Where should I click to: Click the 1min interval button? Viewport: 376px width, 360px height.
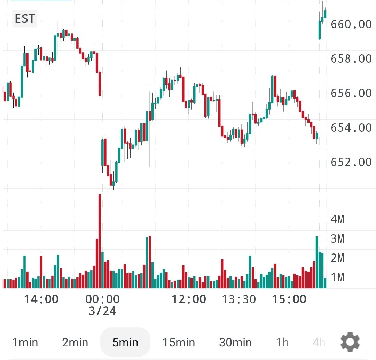pos(25,342)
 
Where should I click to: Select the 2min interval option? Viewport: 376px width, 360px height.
pos(75,342)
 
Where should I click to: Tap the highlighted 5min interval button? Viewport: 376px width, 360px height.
pos(125,342)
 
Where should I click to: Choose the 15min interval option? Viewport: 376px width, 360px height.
pos(179,342)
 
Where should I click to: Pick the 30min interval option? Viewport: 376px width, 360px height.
pos(235,342)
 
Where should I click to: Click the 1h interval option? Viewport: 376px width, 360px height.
pos(282,342)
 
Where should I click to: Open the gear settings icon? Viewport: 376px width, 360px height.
pos(350,342)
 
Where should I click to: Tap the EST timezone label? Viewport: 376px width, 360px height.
pos(24,18)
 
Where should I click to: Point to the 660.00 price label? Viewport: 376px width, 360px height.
pos(351,24)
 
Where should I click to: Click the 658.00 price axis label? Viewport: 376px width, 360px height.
pos(351,59)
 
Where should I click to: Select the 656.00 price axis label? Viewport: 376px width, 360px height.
pos(351,93)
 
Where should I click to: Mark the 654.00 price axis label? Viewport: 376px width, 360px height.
pos(351,128)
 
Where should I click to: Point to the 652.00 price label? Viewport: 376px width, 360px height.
pos(351,162)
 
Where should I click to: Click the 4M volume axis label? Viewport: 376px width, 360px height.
pos(337,219)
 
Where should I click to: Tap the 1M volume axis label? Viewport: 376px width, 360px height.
pos(337,277)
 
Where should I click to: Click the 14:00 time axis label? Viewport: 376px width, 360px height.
pos(41,299)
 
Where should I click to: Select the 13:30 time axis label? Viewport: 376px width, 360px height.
pos(239,299)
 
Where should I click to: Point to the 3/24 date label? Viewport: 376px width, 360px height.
pos(102,311)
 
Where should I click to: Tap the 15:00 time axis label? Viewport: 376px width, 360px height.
pos(289,299)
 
